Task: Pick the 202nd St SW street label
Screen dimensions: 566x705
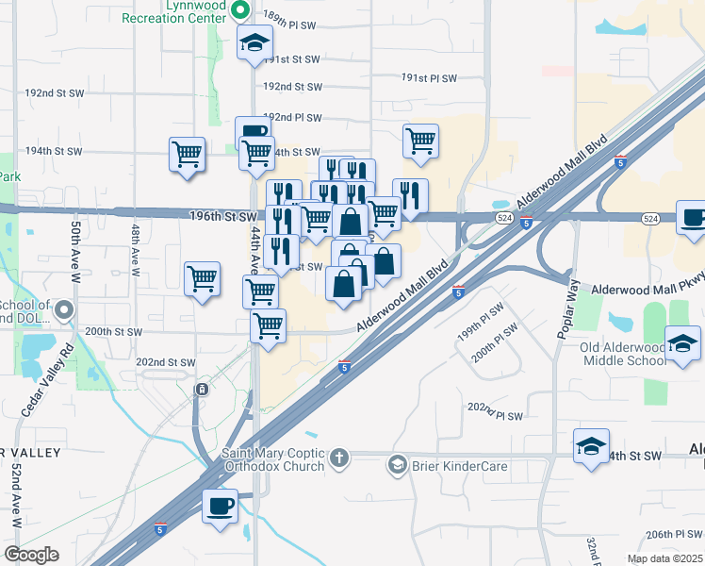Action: (165, 362)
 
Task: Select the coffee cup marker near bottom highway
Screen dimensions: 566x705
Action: (221, 505)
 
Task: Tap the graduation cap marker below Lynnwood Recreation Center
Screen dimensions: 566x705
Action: (254, 45)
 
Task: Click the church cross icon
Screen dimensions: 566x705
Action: (340, 459)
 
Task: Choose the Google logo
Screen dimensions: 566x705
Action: (31, 555)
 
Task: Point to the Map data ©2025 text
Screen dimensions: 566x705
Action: (664, 558)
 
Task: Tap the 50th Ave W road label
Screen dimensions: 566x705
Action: (74, 252)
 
